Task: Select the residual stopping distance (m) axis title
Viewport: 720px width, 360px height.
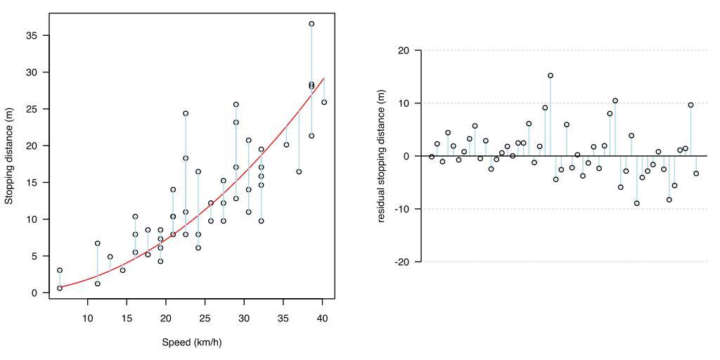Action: pos(382,156)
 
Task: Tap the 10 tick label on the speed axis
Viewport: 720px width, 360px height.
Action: pos(88,319)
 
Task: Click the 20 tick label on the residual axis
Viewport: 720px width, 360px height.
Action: pos(403,51)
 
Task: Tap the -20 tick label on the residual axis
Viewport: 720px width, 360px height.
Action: pos(401,262)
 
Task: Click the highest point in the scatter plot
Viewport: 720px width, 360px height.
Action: pos(311,24)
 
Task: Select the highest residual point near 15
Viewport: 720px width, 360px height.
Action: pos(551,75)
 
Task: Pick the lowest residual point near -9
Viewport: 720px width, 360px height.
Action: pos(637,203)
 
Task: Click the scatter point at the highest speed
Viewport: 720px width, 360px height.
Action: pos(324,102)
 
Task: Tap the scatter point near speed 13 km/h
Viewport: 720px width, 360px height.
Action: pos(110,257)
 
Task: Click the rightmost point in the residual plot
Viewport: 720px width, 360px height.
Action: pos(696,174)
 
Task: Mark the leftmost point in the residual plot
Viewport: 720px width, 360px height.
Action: pos(432,157)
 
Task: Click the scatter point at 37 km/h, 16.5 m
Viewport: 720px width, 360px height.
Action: pos(299,172)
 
